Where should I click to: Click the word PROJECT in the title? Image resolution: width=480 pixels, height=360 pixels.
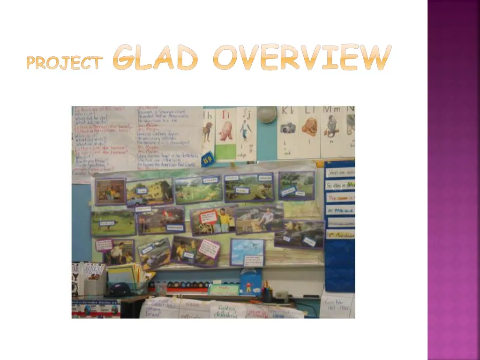[x=64, y=63]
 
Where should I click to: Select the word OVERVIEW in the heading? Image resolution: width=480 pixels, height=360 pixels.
[x=302, y=58]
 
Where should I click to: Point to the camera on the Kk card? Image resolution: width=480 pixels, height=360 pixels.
[x=287, y=127]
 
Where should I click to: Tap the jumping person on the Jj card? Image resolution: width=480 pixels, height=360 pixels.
[x=245, y=129]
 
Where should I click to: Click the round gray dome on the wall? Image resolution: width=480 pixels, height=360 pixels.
[x=267, y=114]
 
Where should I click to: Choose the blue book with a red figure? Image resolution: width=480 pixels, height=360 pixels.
[x=250, y=281]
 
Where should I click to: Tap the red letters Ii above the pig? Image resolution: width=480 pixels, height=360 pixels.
[x=225, y=114]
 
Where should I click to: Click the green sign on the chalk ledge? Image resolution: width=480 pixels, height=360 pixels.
[x=224, y=290]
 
